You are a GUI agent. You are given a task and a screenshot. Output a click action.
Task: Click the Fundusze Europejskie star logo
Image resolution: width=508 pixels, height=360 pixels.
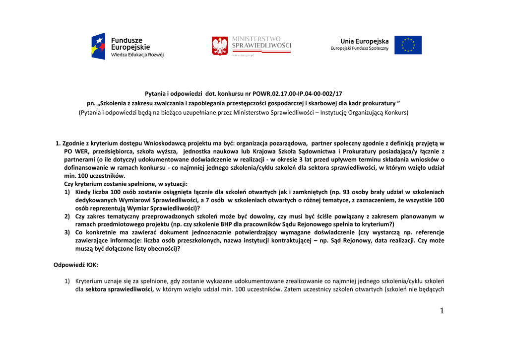98,46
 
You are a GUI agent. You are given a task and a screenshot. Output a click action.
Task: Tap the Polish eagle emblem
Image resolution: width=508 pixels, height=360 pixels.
220,46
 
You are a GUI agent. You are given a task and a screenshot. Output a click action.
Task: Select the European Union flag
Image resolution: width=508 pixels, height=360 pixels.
408,45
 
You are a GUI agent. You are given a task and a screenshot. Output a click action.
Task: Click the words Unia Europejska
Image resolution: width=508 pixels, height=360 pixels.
364,41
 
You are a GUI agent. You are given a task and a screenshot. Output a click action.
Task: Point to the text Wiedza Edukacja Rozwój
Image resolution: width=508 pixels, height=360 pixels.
137,55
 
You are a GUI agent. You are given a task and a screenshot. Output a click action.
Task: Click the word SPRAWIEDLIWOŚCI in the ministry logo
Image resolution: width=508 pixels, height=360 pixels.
261,46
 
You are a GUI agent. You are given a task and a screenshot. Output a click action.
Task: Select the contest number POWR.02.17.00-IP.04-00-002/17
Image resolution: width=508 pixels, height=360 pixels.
297,93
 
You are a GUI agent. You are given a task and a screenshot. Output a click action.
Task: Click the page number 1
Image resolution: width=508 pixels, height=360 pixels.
442,311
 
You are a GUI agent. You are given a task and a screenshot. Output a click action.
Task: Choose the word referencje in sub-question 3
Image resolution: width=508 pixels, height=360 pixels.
430,232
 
